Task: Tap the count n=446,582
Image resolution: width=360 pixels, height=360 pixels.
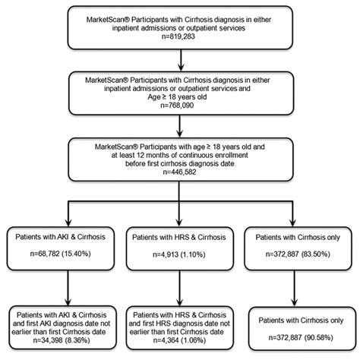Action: point(179,172)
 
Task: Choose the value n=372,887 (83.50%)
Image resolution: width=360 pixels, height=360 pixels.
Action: point(298,262)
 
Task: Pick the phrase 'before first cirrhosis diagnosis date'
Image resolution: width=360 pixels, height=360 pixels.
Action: point(179,163)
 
